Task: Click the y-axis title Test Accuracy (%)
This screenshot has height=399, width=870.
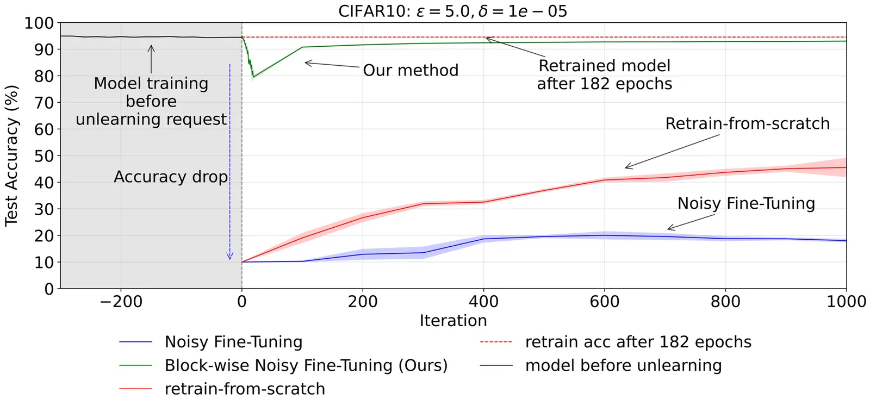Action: [x=12, y=155]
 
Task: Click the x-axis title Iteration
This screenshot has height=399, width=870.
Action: [x=453, y=321]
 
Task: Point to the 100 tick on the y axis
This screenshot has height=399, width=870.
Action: [x=39, y=23]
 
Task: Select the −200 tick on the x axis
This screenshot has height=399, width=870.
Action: [x=120, y=301]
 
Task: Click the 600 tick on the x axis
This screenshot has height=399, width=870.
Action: [x=604, y=301]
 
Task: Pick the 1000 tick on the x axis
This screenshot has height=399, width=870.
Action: [x=846, y=301]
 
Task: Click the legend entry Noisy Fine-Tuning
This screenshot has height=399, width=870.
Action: [x=233, y=342]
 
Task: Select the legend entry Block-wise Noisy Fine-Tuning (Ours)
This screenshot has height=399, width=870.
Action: [x=306, y=365]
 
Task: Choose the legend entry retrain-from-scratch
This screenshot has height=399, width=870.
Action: [x=245, y=389]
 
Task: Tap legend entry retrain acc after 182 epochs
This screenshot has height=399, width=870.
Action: [x=638, y=342]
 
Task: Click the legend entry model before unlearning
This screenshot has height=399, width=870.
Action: [x=623, y=365]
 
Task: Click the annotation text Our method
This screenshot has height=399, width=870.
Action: [x=411, y=70]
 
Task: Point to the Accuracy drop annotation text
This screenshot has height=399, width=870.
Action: [x=171, y=177]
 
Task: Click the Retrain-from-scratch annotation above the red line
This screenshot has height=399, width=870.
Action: [x=747, y=123]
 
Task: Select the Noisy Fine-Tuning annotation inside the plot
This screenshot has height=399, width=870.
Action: [x=746, y=203]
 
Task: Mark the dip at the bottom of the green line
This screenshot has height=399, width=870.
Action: [x=253, y=76]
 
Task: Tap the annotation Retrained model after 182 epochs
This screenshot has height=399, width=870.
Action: [x=604, y=74]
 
